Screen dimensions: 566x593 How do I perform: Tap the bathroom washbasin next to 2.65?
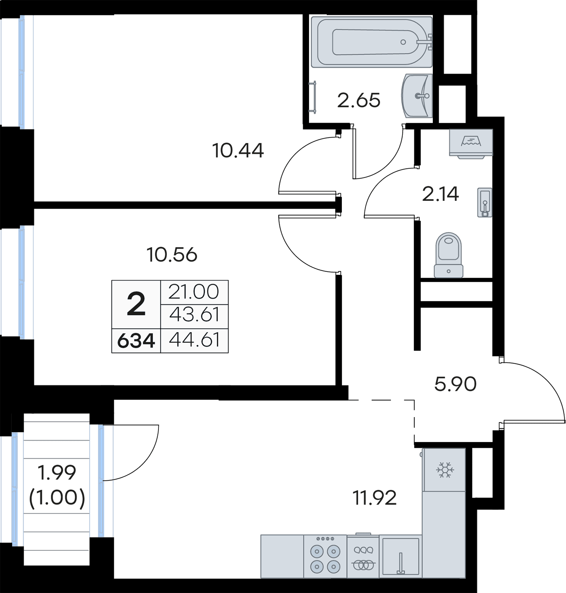(x=416, y=96)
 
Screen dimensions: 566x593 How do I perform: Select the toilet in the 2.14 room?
(x=448, y=255)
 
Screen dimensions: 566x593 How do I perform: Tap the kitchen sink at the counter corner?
(x=401, y=556)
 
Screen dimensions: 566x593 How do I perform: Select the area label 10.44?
(x=238, y=150)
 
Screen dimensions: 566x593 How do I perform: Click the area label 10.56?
(x=172, y=255)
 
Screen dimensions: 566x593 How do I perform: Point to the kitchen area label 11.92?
(x=374, y=498)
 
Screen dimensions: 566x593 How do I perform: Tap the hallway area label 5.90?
(x=455, y=384)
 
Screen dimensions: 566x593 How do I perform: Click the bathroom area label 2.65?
(x=358, y=100)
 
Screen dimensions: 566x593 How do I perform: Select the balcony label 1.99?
(x=57, y=472)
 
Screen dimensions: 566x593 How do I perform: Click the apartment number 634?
(x=136, y=341)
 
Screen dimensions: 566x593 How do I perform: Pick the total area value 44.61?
(x=194, y=340)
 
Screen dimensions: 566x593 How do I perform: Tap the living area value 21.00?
(x=194, y=292)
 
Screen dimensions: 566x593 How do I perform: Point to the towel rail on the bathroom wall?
(x=314, y=97)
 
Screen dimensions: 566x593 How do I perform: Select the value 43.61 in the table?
(x=194, y=315)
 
